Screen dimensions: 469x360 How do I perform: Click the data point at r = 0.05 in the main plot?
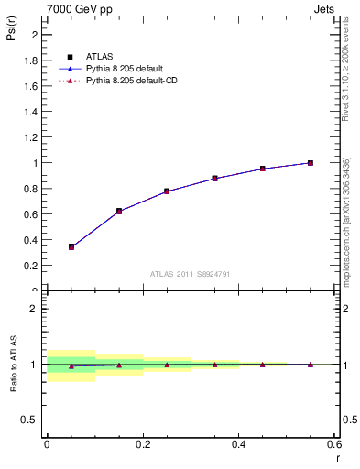coord(71,246)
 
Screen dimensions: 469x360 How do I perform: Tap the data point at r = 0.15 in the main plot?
coord(119,211)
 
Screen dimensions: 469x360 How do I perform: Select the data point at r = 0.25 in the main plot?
coord(167,191)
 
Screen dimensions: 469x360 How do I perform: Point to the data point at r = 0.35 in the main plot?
coord(214,178)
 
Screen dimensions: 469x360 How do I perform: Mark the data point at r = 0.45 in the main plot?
coord(262,169)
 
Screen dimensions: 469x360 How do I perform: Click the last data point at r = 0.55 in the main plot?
coord(311,163)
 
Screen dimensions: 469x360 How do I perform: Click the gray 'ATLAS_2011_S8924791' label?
coord(191,273)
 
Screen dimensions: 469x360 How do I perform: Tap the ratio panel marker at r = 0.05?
coord(71,365)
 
